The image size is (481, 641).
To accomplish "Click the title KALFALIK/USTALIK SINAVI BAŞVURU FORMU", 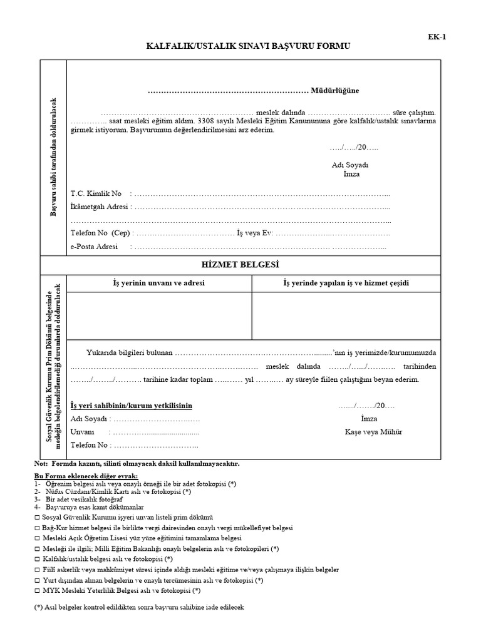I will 248,46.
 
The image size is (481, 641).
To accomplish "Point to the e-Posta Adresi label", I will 95,247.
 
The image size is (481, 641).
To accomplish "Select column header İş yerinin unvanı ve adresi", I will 159,283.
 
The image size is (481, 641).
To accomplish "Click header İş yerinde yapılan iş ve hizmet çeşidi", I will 346,283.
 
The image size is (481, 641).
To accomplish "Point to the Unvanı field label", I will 82,432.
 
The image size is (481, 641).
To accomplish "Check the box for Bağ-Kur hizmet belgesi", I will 38,528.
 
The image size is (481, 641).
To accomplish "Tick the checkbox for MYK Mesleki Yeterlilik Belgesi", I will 38,590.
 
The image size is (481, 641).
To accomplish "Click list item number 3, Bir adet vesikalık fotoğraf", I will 95,500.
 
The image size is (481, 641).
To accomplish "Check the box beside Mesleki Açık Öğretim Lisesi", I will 38,538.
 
